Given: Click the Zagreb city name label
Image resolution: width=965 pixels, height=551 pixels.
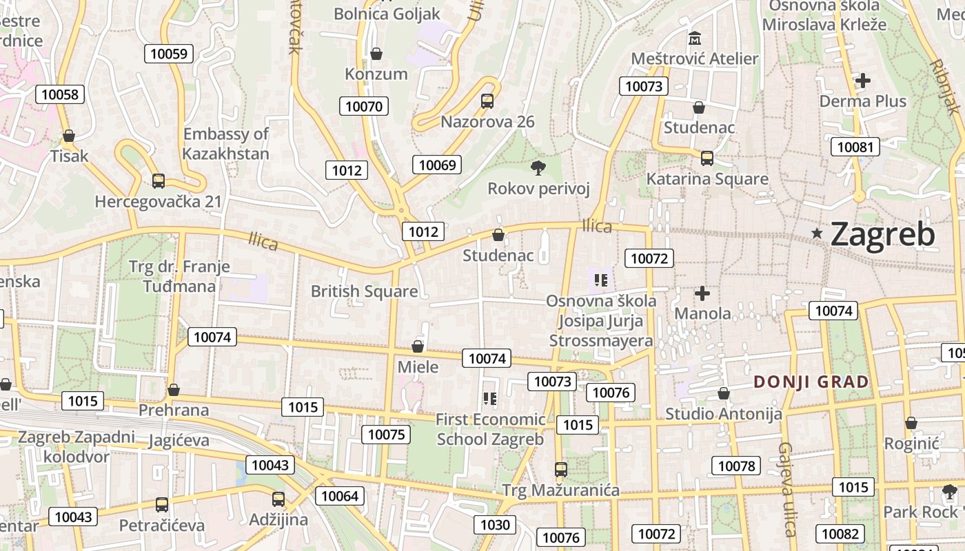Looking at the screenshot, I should tap(882, 234).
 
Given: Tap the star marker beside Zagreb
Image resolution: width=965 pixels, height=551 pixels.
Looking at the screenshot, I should tap(817, 233).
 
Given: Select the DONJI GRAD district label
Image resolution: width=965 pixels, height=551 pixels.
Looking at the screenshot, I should tap(811, 382).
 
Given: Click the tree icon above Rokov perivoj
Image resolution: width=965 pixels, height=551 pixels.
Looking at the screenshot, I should tap(538, 167).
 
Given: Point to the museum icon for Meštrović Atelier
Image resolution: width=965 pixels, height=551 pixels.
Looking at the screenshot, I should tap(694, 37).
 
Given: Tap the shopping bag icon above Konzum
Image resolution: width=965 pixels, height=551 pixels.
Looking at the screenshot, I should tap(376, 53).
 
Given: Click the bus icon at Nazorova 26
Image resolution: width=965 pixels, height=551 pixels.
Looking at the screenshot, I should tap(487, 101).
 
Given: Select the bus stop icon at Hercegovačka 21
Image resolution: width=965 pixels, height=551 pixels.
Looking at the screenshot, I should tap(159, 181).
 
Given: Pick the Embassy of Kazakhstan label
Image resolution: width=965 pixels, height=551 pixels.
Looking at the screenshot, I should tap(225, 143).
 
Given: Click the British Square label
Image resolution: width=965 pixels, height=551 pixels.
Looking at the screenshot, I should tap(364, 291).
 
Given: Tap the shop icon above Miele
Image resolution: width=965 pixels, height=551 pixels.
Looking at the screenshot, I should tap(418, 346).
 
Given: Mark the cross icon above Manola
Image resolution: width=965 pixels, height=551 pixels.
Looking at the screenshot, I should tap(702, 293).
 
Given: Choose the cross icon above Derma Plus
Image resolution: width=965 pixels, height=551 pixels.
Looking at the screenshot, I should tap(862, 81).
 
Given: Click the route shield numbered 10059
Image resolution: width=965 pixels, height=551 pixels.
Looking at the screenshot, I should tap(168, 54).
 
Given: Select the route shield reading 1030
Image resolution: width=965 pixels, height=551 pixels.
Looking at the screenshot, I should tap(495, 525).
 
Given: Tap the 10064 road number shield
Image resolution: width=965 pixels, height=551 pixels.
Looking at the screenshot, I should tap(340, 496).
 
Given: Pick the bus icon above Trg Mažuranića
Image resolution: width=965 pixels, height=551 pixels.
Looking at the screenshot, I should tap(561, 470).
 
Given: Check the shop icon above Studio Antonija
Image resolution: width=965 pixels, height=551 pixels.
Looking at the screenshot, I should tap(723, 393).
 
